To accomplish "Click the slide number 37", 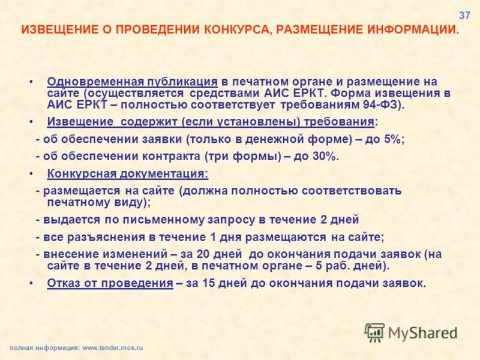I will [464, 15].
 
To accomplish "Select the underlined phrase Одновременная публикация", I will [132, 82].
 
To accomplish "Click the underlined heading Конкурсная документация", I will [128, 174].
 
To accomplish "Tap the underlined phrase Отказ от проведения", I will [110, 284].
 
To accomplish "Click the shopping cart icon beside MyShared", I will [375, 332].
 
